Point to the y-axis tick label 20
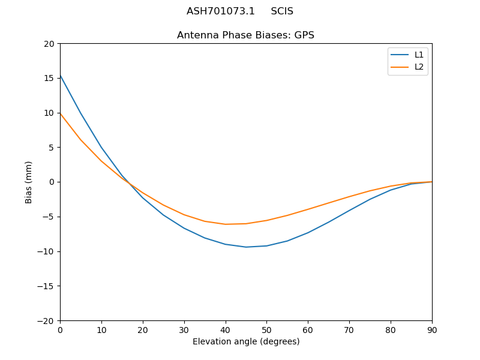click(49, 44)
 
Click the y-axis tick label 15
click(49, 78)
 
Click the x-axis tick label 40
click(226, 330)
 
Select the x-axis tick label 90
click(432, 330)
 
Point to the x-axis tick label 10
click(101, 330)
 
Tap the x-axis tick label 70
click(349, 330)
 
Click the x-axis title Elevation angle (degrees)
click(246, 342)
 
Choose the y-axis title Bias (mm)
click(29, 182)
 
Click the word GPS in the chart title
click(304, 35)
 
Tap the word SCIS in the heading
click(282, 11)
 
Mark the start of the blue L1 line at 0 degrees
click(60, 75)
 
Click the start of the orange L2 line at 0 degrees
click(60, 113)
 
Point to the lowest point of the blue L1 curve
click(246, 247)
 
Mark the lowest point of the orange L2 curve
click(226, 224)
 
